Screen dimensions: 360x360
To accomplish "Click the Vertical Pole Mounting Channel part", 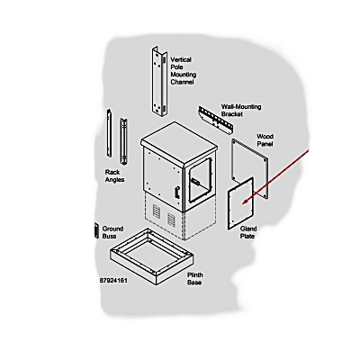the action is pos(159,81).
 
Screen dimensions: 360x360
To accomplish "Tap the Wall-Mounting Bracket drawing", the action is pos(216,120).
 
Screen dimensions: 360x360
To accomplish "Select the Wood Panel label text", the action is pos(265,140).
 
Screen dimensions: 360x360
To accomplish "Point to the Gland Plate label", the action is pos(247,232).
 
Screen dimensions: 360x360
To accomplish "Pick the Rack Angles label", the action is pos(114,176).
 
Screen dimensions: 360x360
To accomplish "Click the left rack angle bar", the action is pos(109,133).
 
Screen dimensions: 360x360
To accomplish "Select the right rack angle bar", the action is pos(124,141).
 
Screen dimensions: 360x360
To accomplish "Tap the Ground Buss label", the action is pos(112,232).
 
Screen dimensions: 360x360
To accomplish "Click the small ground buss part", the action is pos(96,230).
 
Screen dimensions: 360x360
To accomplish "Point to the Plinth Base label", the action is pos(195,279).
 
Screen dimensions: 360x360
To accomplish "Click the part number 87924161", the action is pos(113,281).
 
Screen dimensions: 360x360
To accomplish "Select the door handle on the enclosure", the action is pos(176,192).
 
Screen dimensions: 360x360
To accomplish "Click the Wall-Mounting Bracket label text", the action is pos(241,111).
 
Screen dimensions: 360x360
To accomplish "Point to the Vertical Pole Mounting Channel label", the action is pos(184,71).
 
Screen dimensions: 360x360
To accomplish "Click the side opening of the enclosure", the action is pos(200,180).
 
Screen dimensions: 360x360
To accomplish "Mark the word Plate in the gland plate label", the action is pos(247,236).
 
